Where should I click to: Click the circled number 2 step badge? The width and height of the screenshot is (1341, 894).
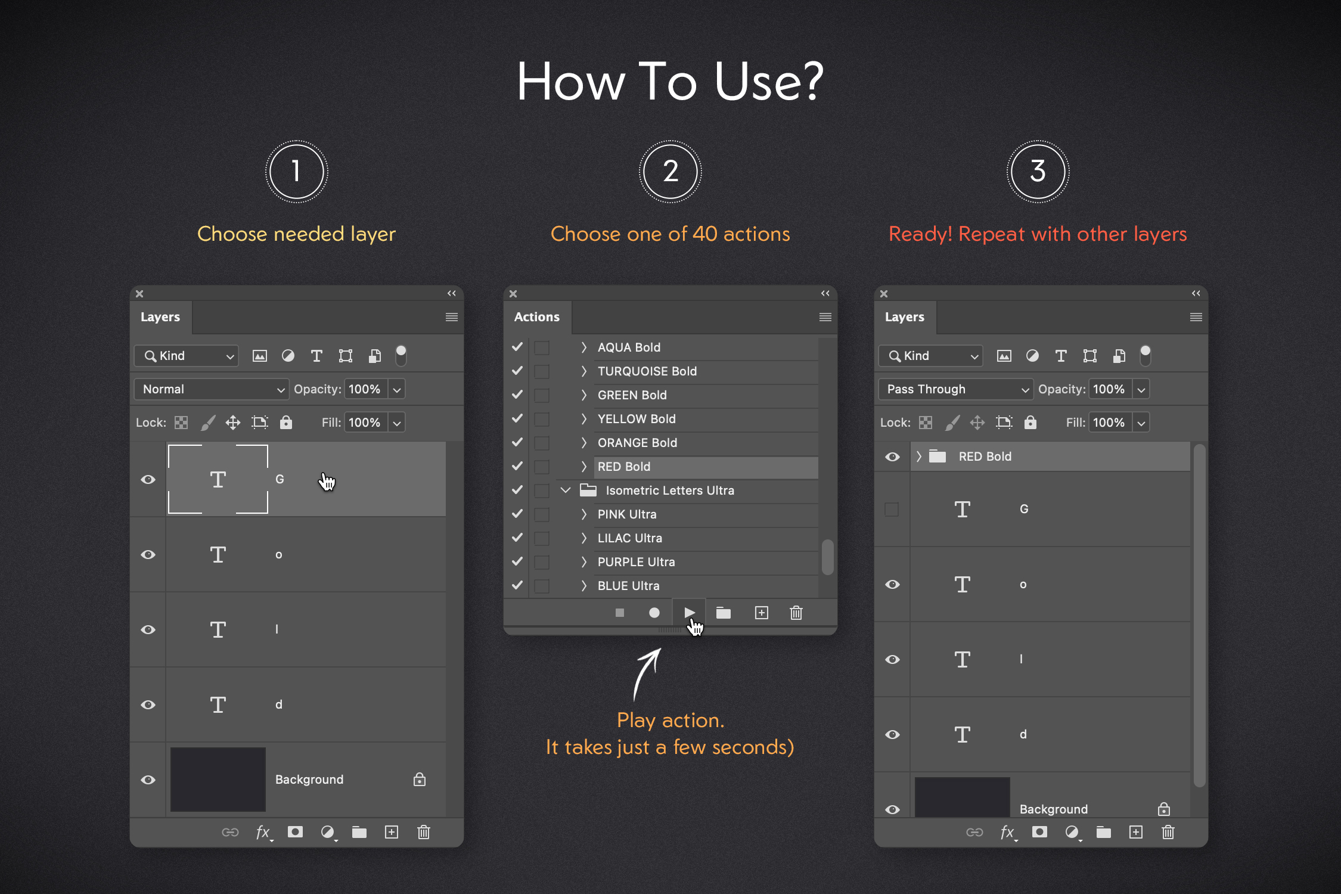point(670,172)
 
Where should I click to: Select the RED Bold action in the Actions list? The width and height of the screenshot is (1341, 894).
point(624,467)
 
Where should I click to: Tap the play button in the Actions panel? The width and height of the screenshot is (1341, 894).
point(689,612)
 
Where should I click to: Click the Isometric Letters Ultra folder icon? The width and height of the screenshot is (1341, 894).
point(588,490)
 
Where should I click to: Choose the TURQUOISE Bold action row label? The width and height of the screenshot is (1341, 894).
point(647,371)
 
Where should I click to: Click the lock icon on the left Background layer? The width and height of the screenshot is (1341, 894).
point(420,779)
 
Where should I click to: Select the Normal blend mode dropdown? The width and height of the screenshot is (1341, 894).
point(212,389)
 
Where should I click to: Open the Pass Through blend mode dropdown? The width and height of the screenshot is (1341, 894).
point(955,389)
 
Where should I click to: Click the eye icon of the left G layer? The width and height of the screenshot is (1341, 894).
point(148,479)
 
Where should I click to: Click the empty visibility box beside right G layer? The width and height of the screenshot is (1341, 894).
point(892,509)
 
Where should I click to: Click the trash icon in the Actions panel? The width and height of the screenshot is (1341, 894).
point(796,613)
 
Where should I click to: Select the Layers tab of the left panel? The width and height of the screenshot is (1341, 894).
point(160,317)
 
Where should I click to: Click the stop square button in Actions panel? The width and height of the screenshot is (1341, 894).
point(620,613)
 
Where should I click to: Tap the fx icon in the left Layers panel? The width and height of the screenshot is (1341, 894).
point(263,832)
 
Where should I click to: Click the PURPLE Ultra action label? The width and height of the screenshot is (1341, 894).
point(636,562)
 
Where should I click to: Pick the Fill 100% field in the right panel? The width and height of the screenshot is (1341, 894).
point(1109,423)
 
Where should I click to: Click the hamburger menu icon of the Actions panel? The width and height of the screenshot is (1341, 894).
point(825,317)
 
